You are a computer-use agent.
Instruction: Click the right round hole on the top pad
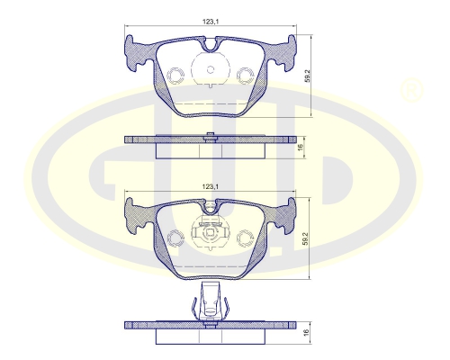[x=246, y=74]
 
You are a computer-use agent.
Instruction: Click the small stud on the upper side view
[x=210, y=136]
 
